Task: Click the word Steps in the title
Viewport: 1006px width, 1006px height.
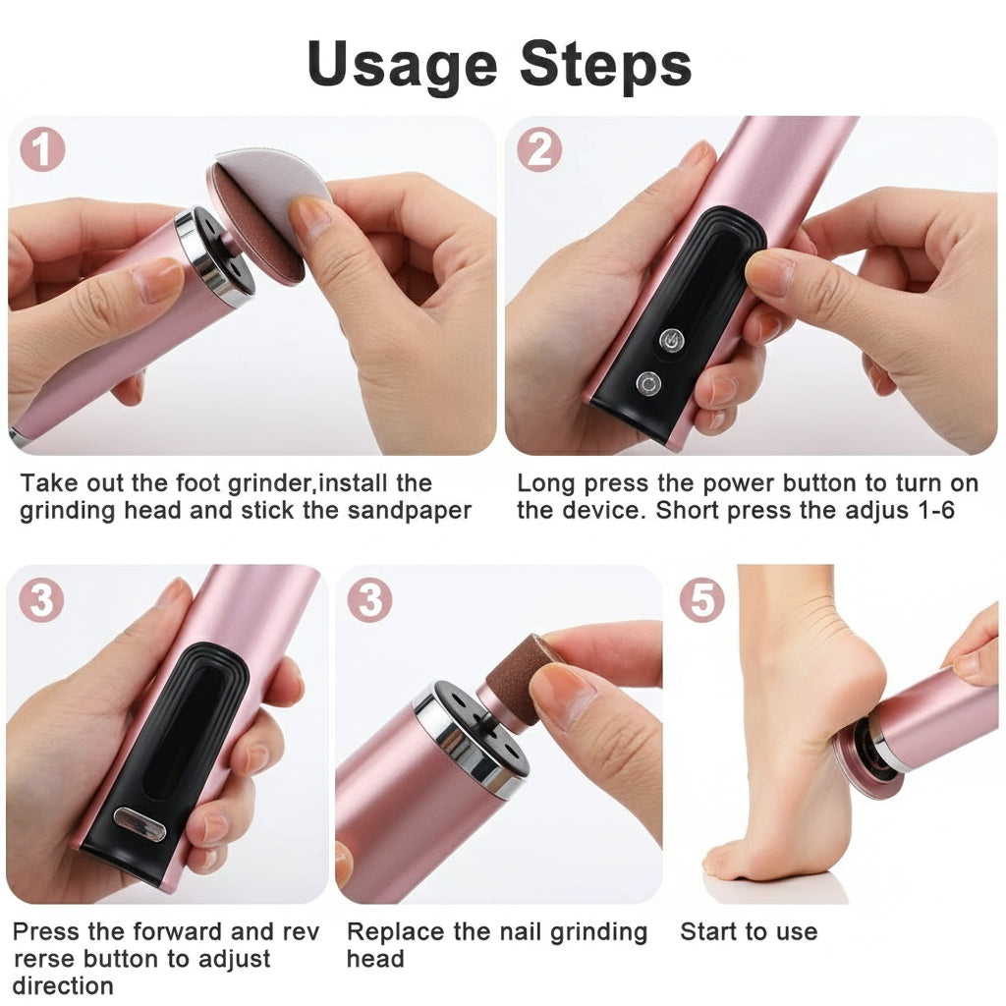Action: [606, 65]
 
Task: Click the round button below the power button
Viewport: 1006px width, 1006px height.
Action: [647, 382]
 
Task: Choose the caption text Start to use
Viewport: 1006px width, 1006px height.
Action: [749, 931]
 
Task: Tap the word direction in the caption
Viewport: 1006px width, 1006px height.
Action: [63, 985]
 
